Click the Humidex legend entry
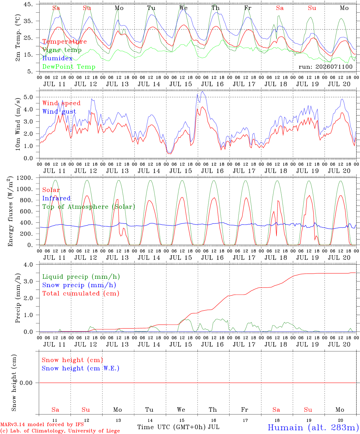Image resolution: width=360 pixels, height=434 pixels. (x=57, y=58)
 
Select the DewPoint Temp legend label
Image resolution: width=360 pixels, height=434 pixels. (x=69, y=67)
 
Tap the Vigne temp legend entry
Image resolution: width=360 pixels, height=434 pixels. (x=62, y=50)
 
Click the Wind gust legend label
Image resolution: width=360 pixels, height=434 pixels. (x=59, y=112)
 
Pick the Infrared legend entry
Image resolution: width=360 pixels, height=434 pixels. (x=56, y=198)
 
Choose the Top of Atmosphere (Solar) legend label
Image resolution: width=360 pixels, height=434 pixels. (x=89, y=207)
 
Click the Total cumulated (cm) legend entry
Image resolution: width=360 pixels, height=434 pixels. (x=81, y=293)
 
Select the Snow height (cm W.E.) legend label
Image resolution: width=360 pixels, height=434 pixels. (x=81, y=368)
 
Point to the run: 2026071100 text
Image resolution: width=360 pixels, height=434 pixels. (x=325, y=67)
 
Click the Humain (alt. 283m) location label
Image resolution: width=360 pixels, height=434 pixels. (x=314, y=427)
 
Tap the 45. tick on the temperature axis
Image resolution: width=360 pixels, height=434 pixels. (x=28, y=4)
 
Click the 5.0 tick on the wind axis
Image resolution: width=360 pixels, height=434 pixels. (x=28, y=97)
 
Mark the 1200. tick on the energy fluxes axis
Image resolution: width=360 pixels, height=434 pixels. (x=25, y=178)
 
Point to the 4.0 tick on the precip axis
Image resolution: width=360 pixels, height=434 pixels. (x=28, y=265)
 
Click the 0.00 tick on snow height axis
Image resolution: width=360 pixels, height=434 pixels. (x=26, y=383)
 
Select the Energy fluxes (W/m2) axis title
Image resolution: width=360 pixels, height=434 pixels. (x=10, y=211)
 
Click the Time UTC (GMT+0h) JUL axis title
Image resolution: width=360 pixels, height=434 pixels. (x=178, y=427)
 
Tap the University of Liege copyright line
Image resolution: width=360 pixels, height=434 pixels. (x=60, y=431)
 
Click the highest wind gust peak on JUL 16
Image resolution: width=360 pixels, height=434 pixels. (x=203, y=91)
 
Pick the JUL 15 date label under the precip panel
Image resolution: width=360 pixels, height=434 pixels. (x=181, y=344)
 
